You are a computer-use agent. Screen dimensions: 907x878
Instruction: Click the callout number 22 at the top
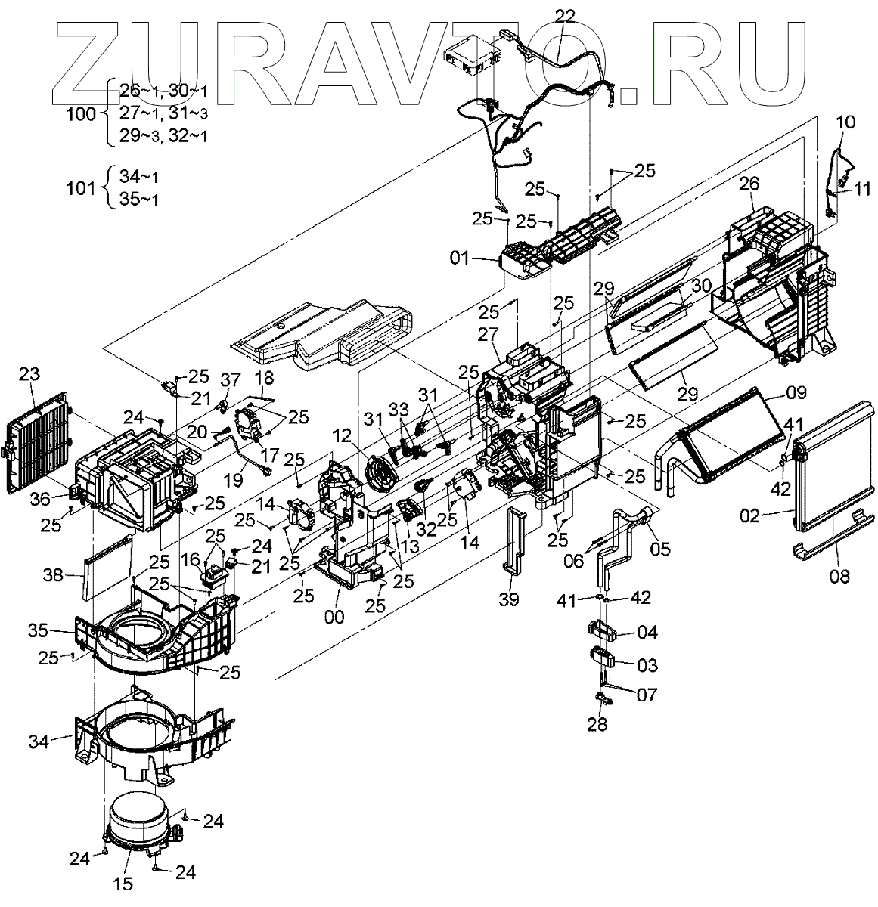(x=564, y=15)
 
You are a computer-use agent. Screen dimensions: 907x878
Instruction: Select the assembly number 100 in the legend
(x=82, y=114)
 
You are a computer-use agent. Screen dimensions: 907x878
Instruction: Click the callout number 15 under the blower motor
(x=123, y=882)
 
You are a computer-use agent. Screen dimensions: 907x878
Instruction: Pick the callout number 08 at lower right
(x=839, y=577)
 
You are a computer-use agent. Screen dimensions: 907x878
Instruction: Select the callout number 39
(x=510, y=599)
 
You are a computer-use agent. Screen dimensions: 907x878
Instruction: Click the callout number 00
(x=334, y=617)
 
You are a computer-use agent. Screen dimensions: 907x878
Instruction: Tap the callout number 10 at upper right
(x=846, y=122)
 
